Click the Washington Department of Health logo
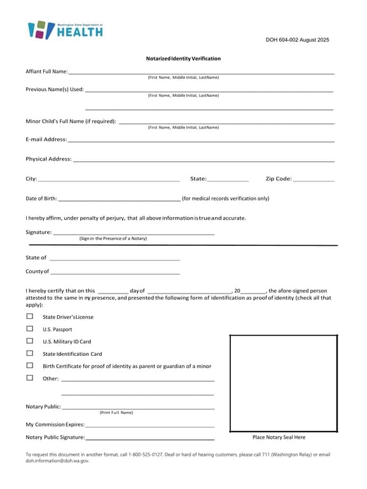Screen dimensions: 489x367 [65, 30]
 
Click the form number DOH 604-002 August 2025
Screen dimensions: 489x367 [297, 40]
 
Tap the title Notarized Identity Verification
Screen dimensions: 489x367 [183, 59]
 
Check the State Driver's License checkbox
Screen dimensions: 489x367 [29, 316]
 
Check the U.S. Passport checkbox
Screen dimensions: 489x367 [29, 329]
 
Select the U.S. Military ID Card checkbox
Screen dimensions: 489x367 [29, 341]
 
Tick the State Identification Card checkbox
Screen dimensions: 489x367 [29, 353]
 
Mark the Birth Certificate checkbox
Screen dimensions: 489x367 [29, 365]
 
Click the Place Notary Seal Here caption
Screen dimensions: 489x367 [279, 437]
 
